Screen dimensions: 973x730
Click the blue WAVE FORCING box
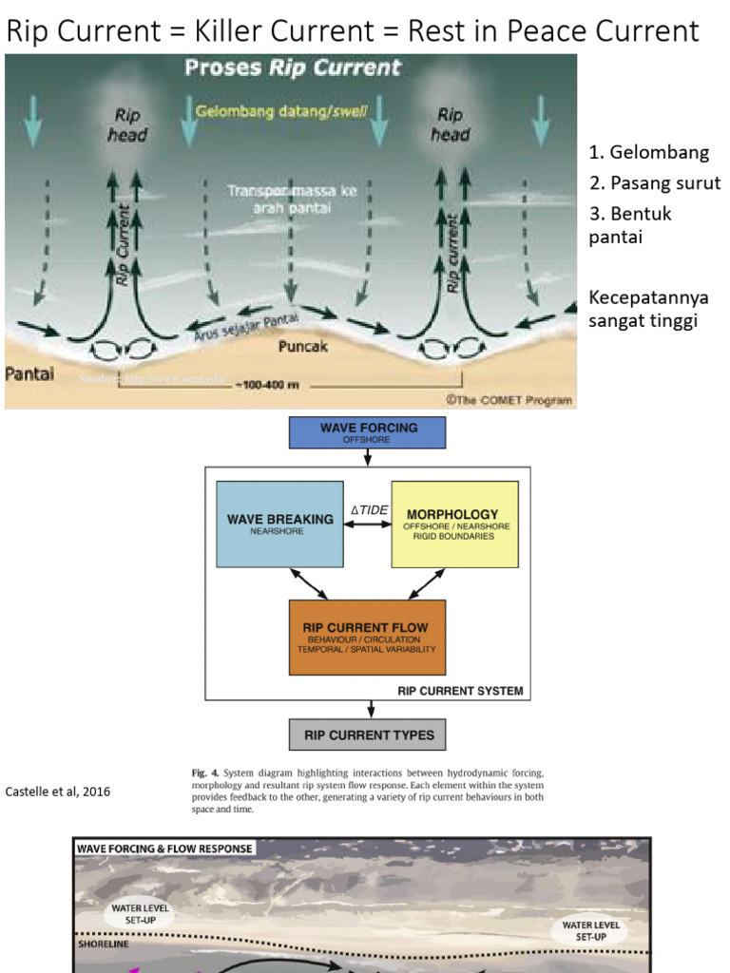point(367,432)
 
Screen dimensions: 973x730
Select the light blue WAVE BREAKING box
point(279,525)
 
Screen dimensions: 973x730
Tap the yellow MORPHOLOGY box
point(454,524)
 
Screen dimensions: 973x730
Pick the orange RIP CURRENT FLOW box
point(366,637)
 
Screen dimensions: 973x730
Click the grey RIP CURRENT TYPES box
point(367,735)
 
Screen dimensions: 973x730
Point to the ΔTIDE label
point(369,510)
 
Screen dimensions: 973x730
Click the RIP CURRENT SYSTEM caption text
point(459,691)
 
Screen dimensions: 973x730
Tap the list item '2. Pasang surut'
point(654,182)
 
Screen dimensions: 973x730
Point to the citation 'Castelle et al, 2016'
point(58,792)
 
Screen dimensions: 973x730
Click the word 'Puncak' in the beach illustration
point(302,347)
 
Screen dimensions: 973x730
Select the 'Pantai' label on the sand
point(29,373)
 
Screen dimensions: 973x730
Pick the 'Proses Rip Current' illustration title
point(293,67)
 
